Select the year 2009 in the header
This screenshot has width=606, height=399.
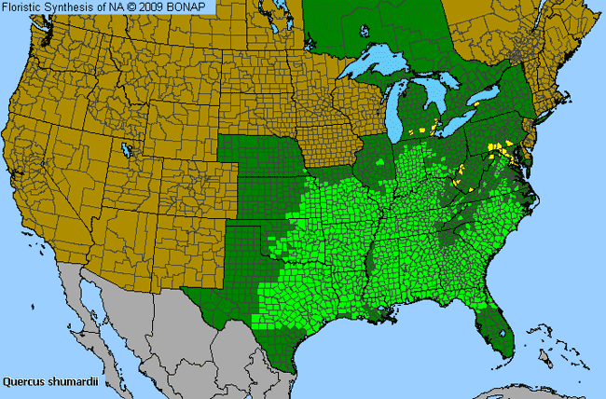pyautogui.click(x=162, y=7)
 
